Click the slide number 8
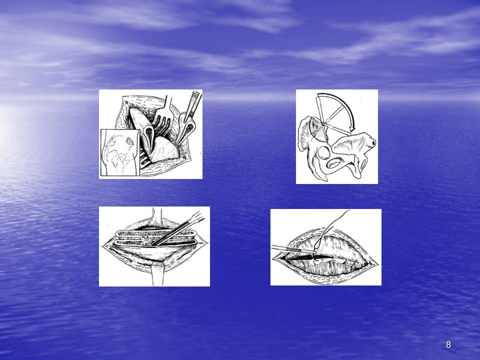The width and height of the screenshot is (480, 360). click(448, 344)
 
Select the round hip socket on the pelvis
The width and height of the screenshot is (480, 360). click(324, 152)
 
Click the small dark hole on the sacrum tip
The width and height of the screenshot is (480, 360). click(373, 142)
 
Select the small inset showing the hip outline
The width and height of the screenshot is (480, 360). click(120, 152)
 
